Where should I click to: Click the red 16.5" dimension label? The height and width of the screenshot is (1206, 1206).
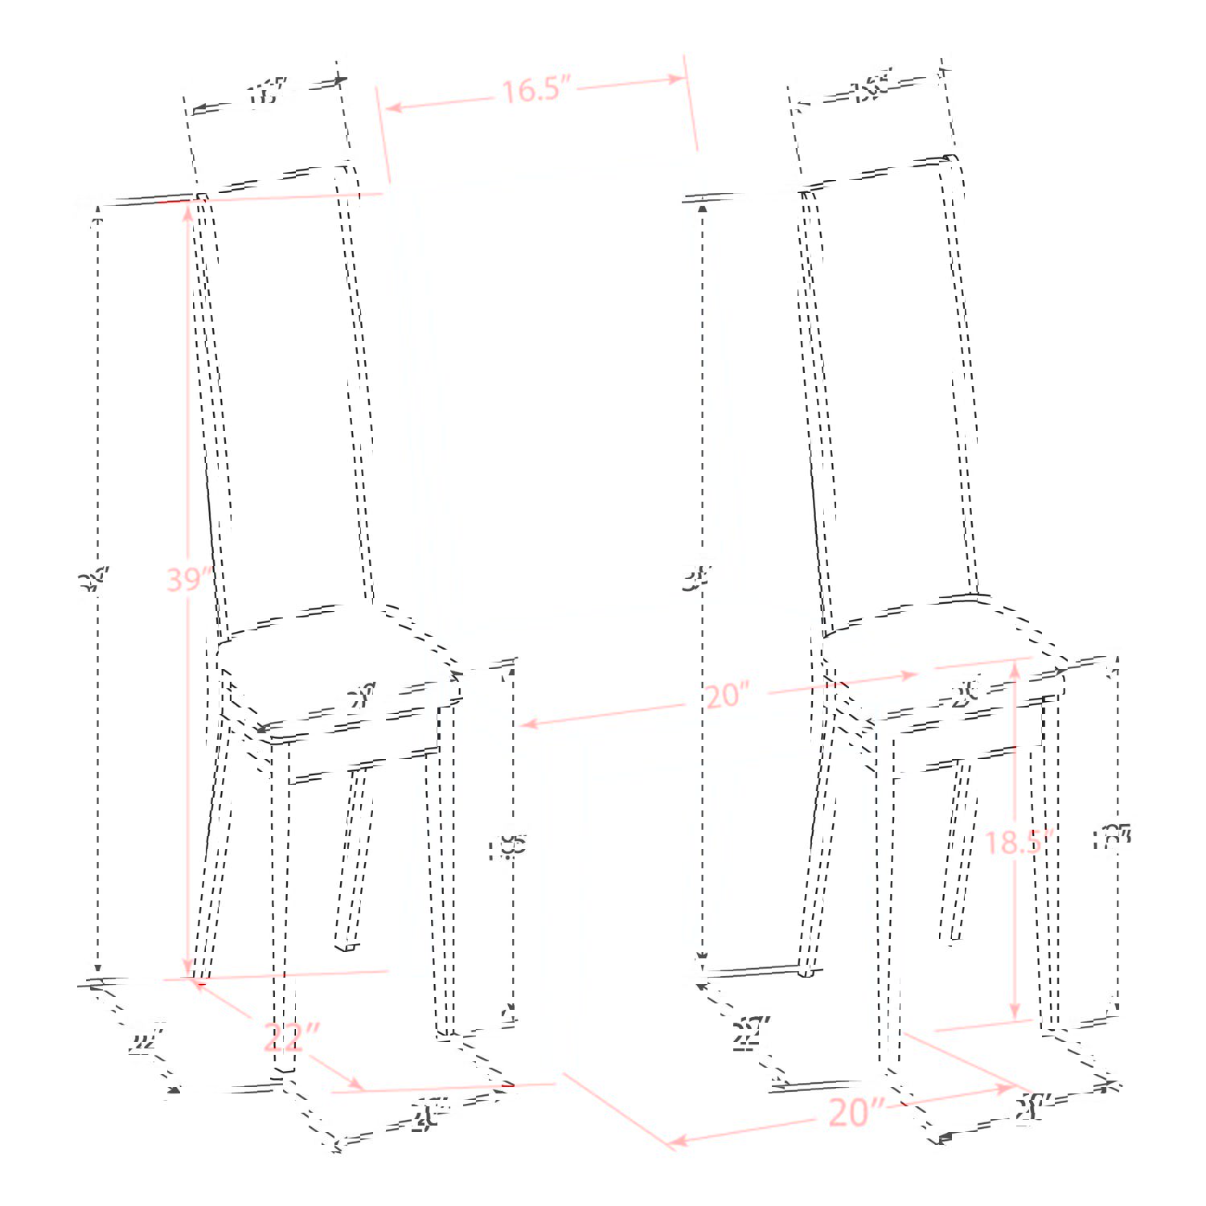535,89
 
